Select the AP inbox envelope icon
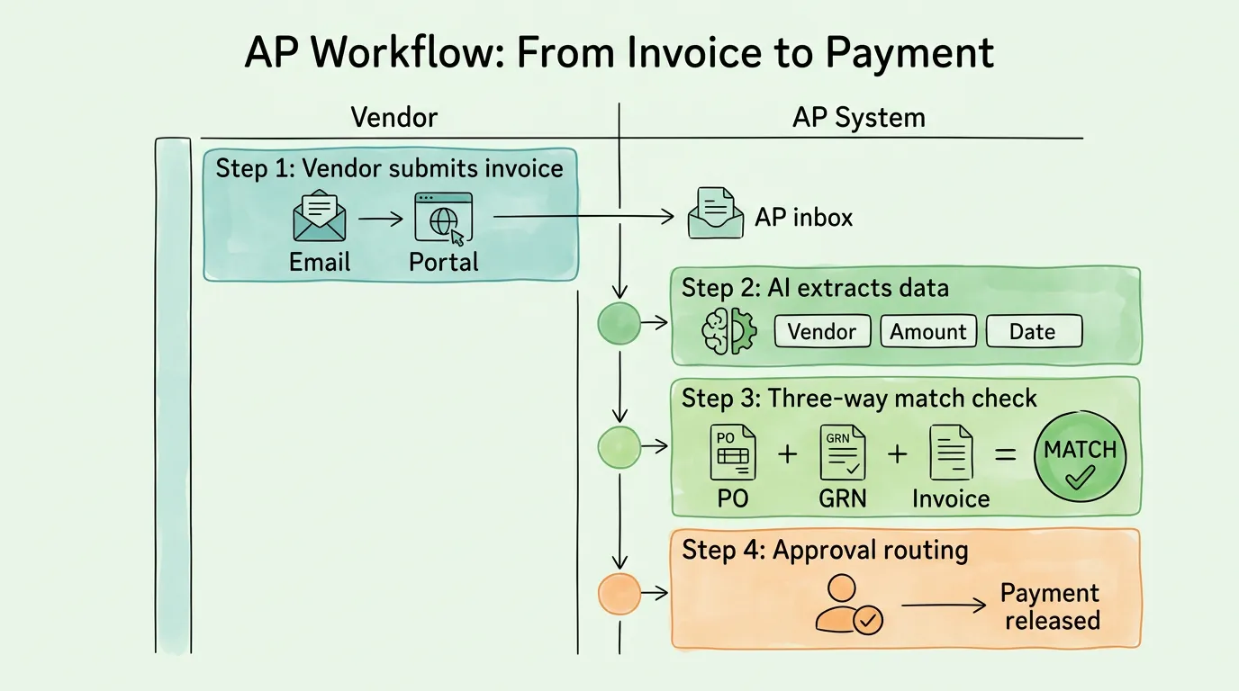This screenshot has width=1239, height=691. pyautogui.click(x=715, y=214)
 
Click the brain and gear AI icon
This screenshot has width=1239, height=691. pyautogui.click(x=728, y=331)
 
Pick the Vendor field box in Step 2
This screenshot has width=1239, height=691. pyautogui.click(x=822, y=331)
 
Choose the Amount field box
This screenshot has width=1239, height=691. pyautogui.click(x=927, y=331)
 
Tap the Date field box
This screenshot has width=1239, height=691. pyautogui.click(x=1033, y=331)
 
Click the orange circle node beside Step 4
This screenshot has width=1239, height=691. pyautogui.click(x=619, y=594)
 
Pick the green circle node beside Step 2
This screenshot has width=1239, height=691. pyautogui.click(x=619, y=324)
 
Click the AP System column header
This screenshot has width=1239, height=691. pyautogui.click(x=858, y=118)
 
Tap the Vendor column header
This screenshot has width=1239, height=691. pyautogui.click(x=393, y=118)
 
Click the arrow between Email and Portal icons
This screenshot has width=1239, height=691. pyautogui.click(x=380, y=219)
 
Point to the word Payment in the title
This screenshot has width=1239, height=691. pyautogui.click(x=909, y=54)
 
